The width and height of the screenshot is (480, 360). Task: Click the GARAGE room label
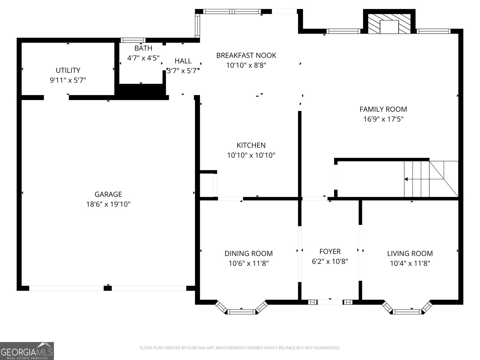tap(108, 194)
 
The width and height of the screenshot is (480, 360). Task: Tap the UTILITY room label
tap(68, 70)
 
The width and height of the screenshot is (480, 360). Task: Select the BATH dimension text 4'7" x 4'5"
tap(143, 58)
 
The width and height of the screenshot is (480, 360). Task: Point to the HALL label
tap(183, 61)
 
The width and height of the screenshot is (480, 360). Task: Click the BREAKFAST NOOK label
tap(246, 55)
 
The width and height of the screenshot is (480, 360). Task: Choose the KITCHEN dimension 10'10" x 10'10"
tap(251, 155)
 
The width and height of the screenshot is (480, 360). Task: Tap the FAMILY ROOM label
tap(383, 109)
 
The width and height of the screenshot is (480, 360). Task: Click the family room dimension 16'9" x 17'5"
tap(383, 119)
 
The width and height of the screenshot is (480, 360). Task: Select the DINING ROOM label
tap(249, 253)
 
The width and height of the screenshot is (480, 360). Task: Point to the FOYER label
tap(330, 252)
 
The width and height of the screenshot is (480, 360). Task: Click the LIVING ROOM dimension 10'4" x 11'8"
tap(410, 263)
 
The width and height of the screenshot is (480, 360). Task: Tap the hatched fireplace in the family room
tap(389, 24)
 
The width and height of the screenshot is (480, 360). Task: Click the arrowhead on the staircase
tap(406, 179)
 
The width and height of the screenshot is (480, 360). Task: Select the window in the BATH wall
tap(133, 40)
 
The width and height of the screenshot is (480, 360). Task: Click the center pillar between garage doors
tap(108, 288)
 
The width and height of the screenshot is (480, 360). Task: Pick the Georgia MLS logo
tap(27, 351)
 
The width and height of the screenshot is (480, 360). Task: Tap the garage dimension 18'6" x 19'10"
tap(108, 204)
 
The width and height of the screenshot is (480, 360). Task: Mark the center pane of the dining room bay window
tap(241, 312)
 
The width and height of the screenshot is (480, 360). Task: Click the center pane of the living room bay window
tap(407, 312)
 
